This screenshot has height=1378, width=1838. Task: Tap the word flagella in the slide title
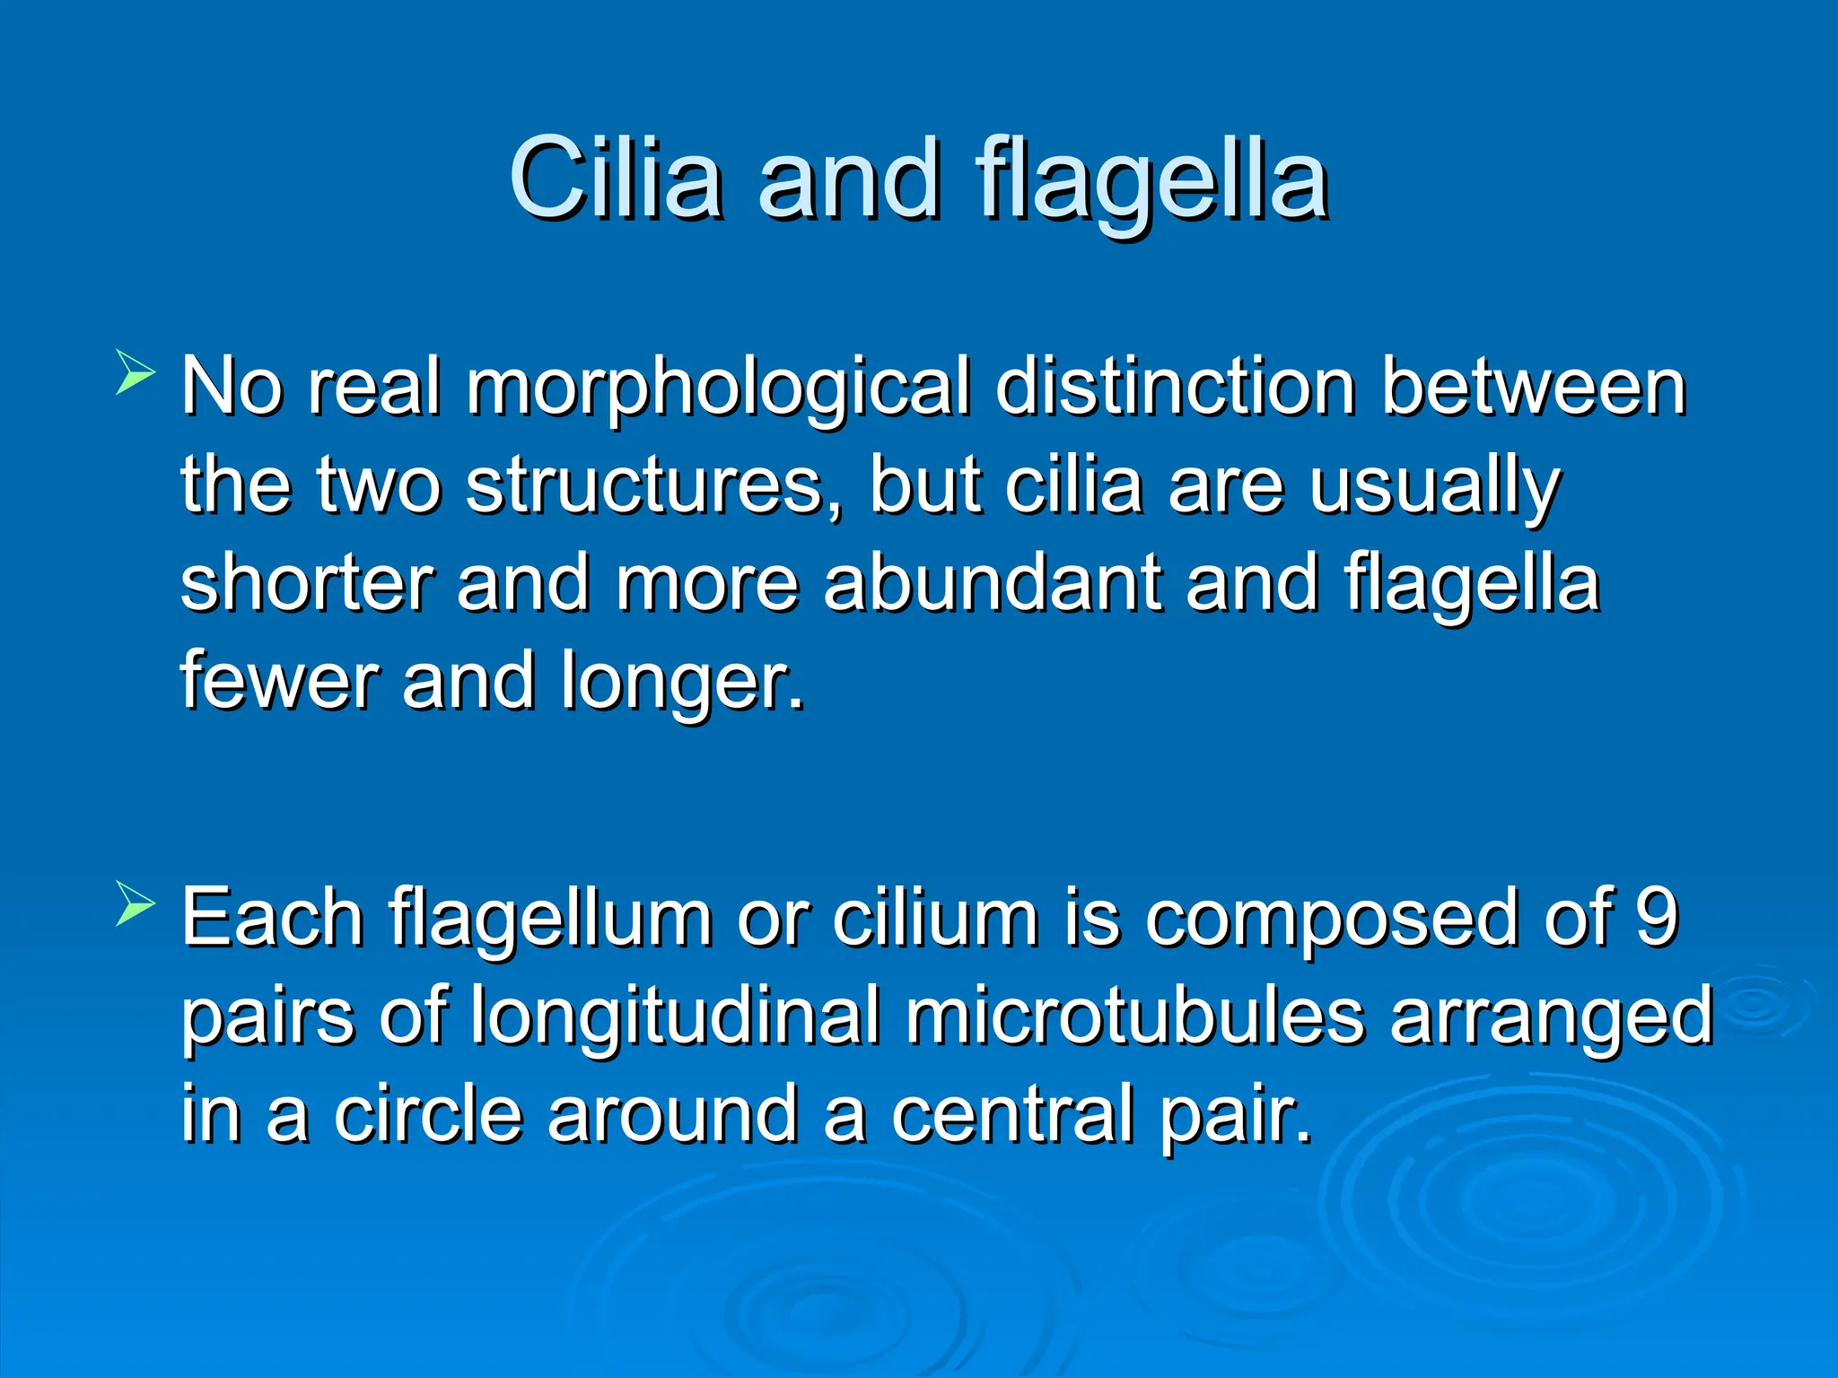tap(1152, 179)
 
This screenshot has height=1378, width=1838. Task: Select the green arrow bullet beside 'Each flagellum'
tap(136, 904)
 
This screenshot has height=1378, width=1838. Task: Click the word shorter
tap(307, 583)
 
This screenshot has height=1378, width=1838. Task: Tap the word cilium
tap(934, 917)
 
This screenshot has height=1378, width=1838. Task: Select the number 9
tap(1657, 917)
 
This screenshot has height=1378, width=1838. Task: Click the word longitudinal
tap(675, 1017)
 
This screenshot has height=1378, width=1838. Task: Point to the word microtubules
tap(1134, 1016)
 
